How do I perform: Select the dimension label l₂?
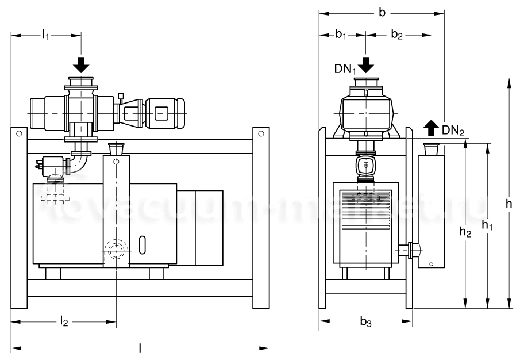[x=64, y=322]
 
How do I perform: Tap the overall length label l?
[x=141, y=348]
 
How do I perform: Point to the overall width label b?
[x=382, y=12]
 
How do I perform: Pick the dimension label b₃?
[x=365, y=323]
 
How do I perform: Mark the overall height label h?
[x=509, y=203]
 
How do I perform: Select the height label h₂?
[x=466, y=231]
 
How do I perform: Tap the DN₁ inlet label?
[x=345, y=69]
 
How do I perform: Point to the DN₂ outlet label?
[x=453, y=130]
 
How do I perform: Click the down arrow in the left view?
[x=82, y=64]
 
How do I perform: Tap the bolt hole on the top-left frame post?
[x=19, y=134]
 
